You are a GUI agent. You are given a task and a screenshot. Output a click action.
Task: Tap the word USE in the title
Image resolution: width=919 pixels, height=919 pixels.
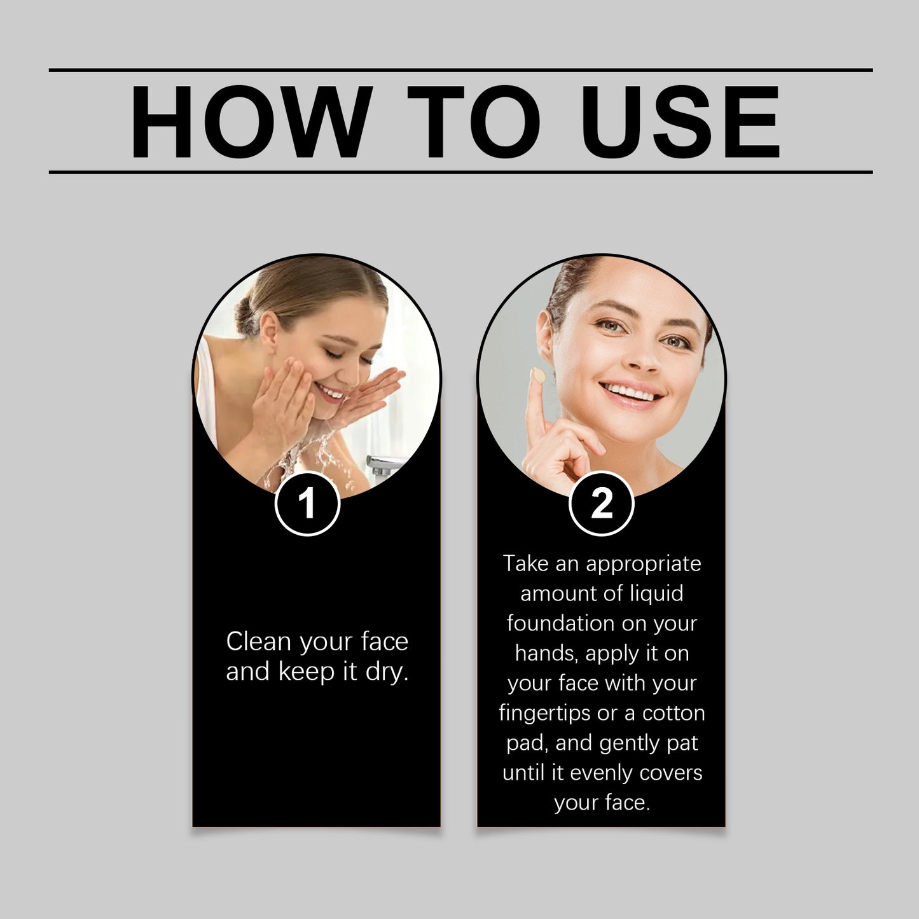point(680,121)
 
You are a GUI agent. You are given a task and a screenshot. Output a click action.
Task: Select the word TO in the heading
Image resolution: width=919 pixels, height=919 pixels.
point(474,121)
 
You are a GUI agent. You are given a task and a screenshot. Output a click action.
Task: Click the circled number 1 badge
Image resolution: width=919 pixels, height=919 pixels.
point(308,504)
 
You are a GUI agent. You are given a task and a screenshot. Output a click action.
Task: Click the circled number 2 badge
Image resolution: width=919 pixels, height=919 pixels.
point(602,504)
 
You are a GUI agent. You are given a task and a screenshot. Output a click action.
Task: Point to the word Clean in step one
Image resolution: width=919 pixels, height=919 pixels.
point(258,641)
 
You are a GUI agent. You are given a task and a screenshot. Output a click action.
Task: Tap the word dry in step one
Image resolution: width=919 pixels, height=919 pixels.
point(387,672)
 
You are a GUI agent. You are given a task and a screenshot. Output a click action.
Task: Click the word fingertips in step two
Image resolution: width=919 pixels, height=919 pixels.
point(544,713)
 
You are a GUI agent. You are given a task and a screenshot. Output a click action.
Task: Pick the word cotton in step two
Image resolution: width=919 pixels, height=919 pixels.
point(674,713)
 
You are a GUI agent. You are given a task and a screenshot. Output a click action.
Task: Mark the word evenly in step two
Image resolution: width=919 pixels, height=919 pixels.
point(602,773)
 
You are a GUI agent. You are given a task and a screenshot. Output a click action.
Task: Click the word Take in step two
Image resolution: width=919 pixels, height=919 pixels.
point(525,563)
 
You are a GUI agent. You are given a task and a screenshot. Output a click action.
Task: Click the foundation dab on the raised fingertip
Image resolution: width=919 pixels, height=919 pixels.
point(539,376)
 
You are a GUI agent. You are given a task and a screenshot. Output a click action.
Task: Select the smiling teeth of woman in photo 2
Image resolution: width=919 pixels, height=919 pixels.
point(629,393)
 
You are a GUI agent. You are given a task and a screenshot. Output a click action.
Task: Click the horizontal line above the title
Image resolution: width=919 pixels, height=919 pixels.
point(460,70)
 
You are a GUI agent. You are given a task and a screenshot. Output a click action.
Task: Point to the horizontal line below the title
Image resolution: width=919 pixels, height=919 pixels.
point(460,172)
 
